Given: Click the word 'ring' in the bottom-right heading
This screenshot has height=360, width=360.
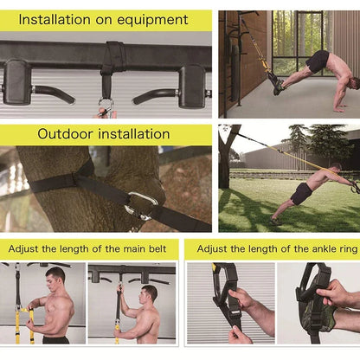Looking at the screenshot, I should click(x=339, y=248).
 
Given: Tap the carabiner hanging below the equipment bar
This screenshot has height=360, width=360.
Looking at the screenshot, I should click(x=106, y=106).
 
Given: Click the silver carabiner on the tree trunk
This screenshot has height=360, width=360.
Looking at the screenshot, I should click(x=141, y=205).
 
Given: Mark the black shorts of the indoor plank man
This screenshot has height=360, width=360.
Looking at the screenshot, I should click(x=318, y=62).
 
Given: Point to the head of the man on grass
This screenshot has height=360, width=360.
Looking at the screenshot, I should click(x=335, y=168).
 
